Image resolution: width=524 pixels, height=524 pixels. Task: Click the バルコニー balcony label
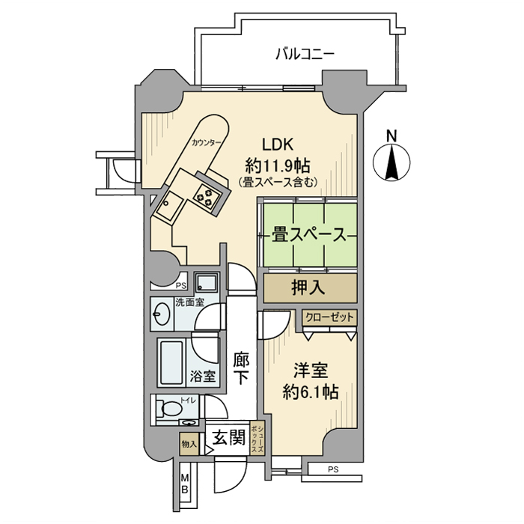click(305, 54)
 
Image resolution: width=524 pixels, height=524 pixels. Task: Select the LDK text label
click(278, 144)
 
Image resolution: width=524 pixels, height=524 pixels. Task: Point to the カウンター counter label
click(206, 143)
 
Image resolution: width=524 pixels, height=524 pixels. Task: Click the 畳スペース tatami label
click(308, 234)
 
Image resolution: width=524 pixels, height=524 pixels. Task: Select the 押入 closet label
click(308, 287)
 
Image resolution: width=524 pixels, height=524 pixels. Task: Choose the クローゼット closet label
click(329, 317)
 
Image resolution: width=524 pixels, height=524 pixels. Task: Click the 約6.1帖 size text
click(311, 392)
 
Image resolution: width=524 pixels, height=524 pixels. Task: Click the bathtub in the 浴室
click(171, 362)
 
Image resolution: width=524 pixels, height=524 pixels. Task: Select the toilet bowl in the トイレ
click(171, 408)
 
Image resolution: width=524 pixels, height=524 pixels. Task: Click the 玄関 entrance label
click(229, 436)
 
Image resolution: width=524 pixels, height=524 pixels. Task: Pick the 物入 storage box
click(189, 444)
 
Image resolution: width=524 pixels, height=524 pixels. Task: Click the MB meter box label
click(184, 484)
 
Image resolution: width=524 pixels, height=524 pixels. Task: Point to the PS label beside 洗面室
click(180, 286)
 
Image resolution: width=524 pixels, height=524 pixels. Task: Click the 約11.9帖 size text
click(278, 165)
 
